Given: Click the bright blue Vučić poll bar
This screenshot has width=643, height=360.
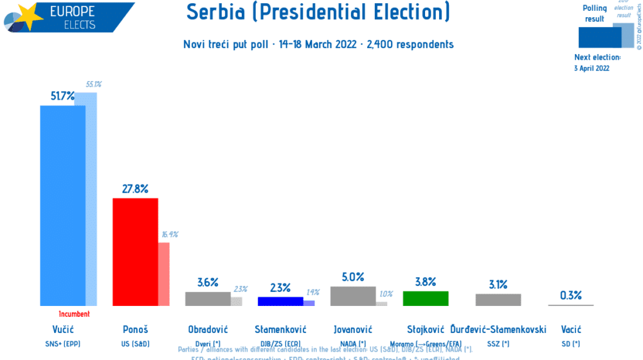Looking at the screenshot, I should tap(62, 206).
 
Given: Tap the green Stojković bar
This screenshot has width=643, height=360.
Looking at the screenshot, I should tap(425, 298).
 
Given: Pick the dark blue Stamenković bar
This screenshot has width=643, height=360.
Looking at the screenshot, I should tap(280, 301).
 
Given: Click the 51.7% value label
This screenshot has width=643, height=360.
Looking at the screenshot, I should tap(62, 96).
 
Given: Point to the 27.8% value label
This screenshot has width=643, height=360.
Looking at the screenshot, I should tap(135, 189).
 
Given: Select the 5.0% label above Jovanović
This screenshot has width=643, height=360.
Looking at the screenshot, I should tap(352, 277).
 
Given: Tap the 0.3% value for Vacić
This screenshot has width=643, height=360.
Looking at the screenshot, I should tap(570, 296).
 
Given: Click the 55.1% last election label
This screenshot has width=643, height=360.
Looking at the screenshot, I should tap(93, 84).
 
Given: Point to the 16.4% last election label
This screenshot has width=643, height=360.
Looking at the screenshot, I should tap(170, 235).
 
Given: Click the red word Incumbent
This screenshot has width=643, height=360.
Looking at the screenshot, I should tap(74, 314).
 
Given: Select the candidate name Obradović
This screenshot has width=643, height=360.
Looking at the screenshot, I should tap(208, 330).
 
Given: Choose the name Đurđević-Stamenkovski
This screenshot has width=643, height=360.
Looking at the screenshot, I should tap(498, 330).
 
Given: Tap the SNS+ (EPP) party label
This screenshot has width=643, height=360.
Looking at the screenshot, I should tap(62, 344).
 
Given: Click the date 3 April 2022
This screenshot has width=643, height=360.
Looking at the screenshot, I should tap(592, 68).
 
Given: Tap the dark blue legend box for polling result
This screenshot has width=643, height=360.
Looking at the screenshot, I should tap(599, 37).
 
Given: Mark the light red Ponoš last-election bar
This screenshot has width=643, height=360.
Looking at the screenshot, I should tap(164, 274).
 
